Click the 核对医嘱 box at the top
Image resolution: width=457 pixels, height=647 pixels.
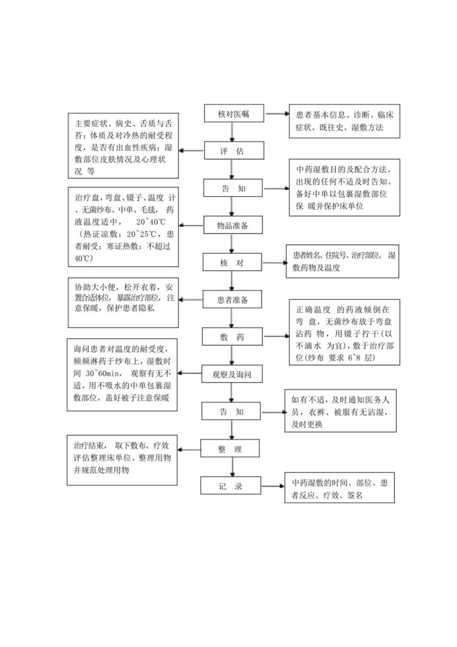point(234,114)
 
